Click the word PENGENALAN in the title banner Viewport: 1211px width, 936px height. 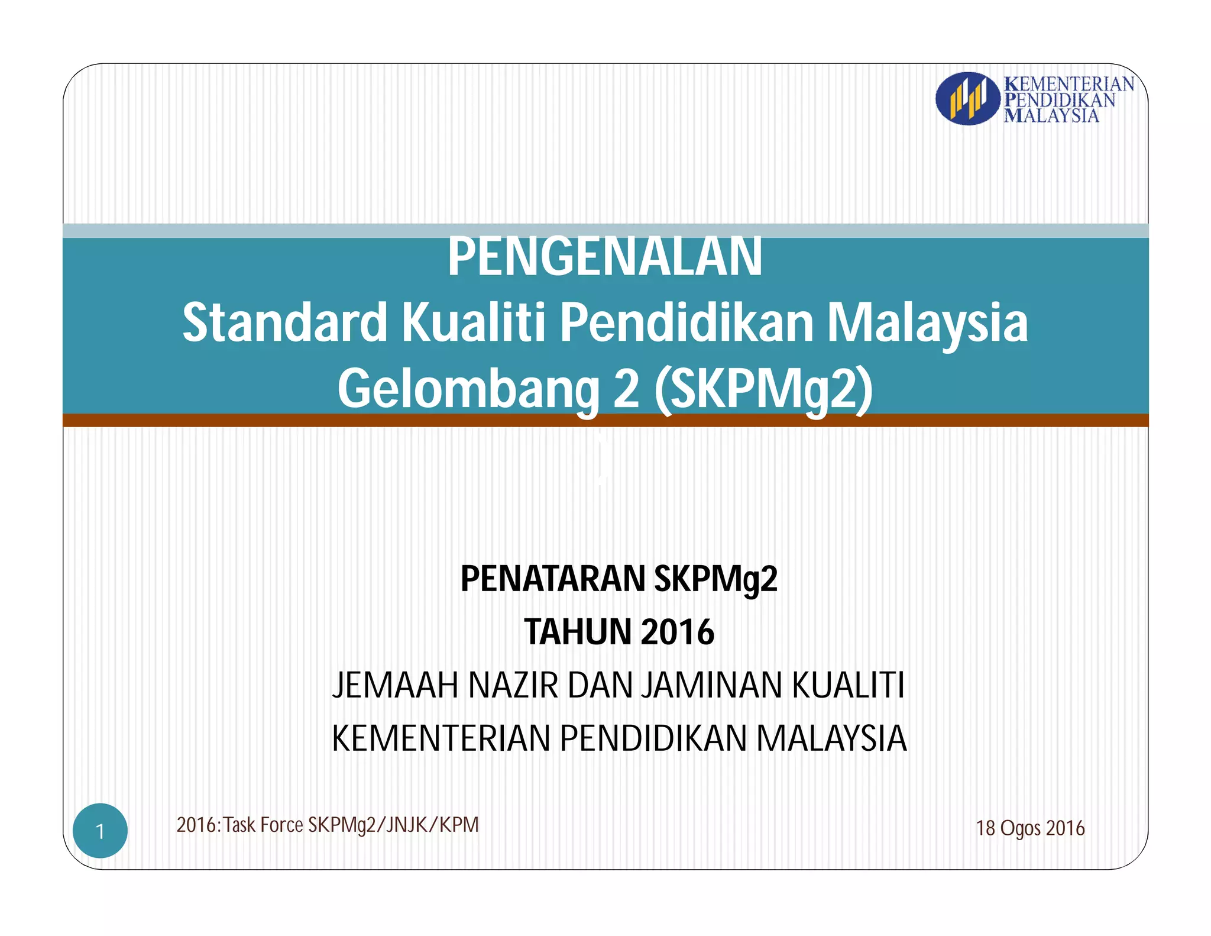(604, 257)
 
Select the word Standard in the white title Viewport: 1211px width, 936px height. (284, 323)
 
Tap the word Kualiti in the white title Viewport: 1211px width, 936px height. (474, 323)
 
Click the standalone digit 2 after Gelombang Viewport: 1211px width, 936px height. (626, 389)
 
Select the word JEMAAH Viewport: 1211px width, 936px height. (395, 685)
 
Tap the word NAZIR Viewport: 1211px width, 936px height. (513, 685)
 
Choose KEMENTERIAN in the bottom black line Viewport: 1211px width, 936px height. (441, 738)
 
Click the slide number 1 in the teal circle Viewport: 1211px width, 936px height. (100, 831)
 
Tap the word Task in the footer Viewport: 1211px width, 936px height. (239, 825)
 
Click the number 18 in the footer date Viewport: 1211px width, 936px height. (986, 828)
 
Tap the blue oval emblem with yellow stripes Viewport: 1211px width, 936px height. (967, 98)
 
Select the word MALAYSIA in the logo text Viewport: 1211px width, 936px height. (1051, 115)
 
